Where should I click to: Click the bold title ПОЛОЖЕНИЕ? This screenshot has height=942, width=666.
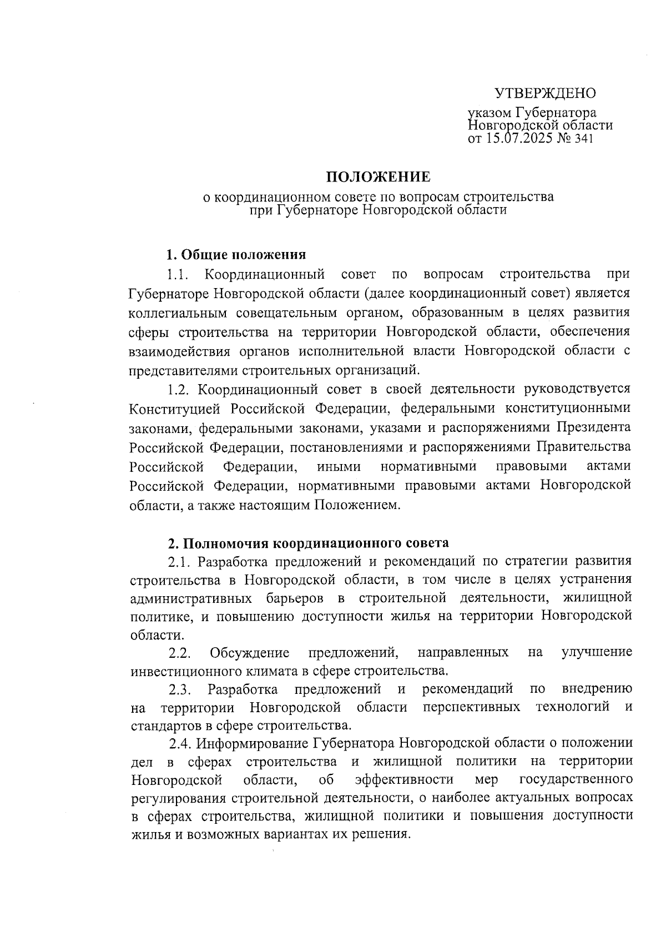click(377, 177)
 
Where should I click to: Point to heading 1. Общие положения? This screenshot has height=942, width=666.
click(236, 255)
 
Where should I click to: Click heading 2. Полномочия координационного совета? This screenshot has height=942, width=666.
click(309, 542)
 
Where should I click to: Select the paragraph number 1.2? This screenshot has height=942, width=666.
click(180, 390)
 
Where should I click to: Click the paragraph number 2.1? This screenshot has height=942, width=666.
click(180, 562)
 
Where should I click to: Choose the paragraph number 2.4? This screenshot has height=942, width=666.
click(180, 743)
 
